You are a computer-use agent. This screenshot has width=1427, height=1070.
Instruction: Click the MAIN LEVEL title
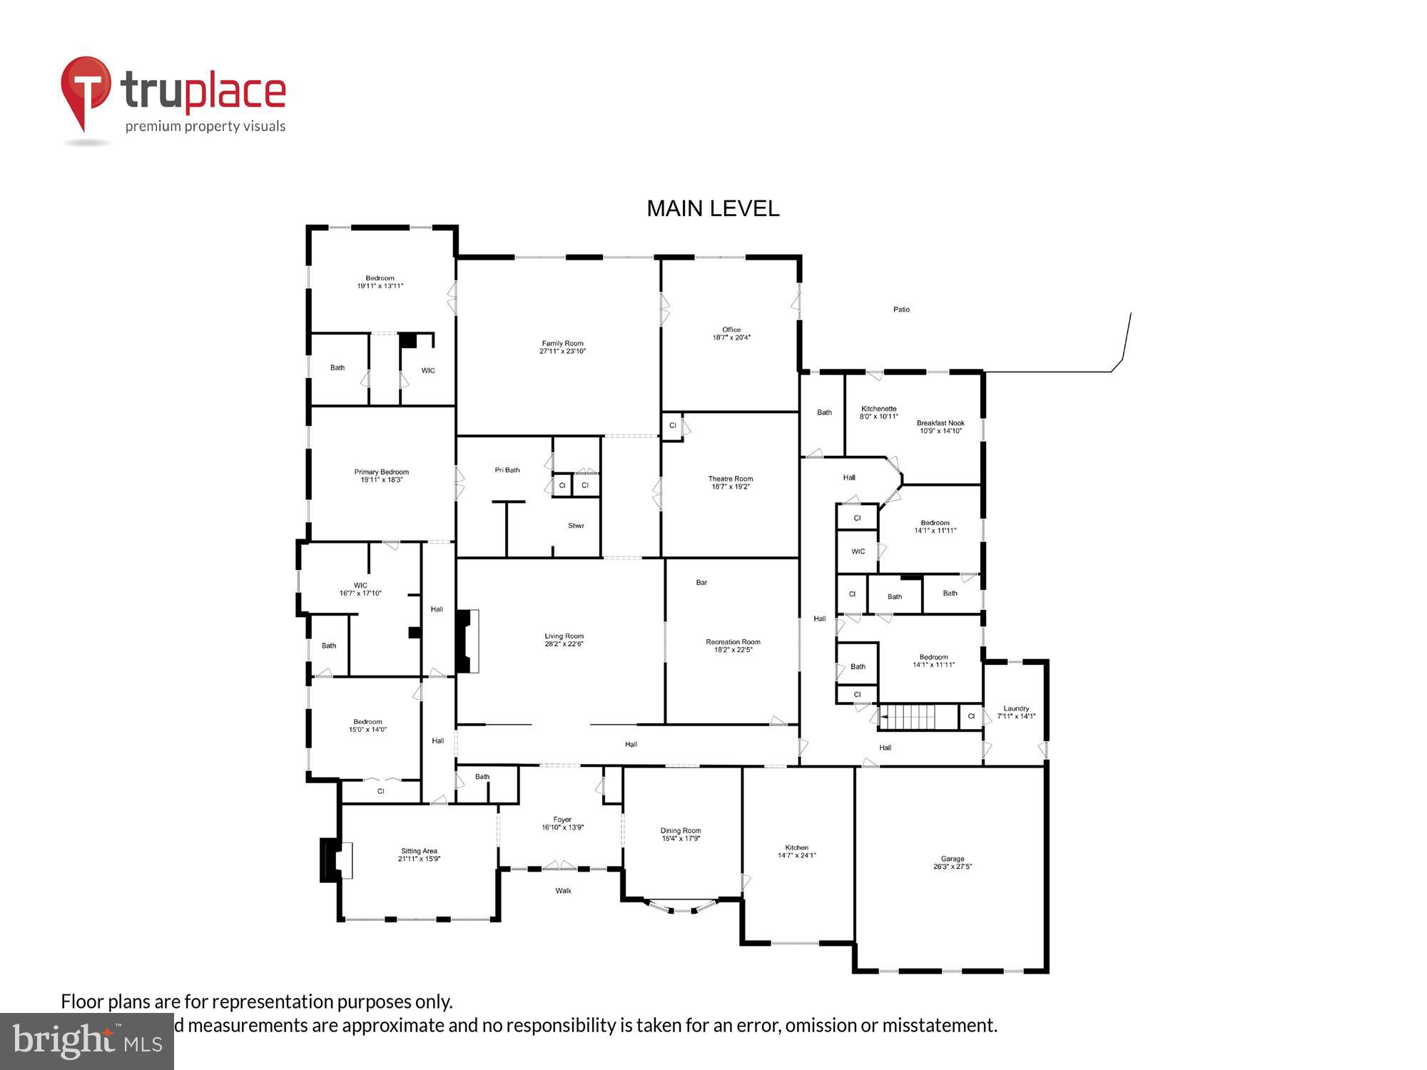pos(712,208)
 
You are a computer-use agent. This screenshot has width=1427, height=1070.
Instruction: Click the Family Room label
pos(562,344)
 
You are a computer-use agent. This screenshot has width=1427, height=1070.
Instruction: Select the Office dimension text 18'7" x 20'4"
pos(731,337)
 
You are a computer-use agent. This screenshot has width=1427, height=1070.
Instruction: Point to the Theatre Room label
pos(730,479)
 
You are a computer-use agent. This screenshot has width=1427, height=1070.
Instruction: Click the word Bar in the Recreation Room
pos(701,583)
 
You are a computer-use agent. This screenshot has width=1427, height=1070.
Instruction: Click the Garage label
pos(952,859)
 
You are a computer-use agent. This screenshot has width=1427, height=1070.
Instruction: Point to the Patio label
pos(901,310)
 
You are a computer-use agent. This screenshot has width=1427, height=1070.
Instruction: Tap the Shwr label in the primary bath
pos(576,526)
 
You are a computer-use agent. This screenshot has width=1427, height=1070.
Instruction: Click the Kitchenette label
pos(878,409)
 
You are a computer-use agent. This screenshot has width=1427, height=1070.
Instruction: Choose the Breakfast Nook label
pos(940,423)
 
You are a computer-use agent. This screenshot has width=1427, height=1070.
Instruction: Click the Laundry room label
pos(1016,708)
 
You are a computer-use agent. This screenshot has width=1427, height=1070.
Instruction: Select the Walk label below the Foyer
pos(563,890)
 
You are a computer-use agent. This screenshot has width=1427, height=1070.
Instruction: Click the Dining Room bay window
pos(681,907)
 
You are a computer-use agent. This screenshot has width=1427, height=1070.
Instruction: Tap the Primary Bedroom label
pos(381,472)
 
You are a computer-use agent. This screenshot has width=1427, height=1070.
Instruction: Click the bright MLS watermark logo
pos(87,1041)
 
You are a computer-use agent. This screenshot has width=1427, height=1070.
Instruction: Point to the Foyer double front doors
pos(559,867)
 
